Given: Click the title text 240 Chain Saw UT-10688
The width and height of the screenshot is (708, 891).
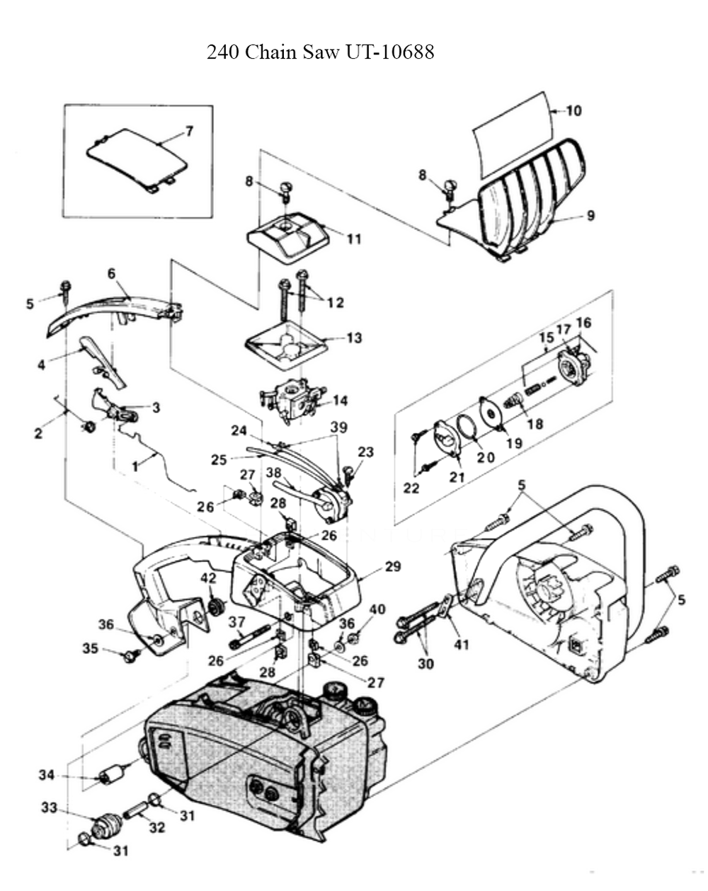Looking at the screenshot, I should [320, 52].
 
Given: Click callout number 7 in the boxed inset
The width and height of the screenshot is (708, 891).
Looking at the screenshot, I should [189, 131].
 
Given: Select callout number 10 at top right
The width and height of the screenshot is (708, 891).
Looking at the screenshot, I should [573, 111].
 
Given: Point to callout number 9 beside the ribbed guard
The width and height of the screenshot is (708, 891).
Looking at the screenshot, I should [590, 216].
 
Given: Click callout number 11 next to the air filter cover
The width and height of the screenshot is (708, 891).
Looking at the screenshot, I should [353, 238].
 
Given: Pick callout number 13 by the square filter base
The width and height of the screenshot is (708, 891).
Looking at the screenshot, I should [353, 338].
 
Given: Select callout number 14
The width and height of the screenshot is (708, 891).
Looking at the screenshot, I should [340, 401].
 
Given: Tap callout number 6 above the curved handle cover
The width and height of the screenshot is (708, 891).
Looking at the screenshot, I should [112, 273].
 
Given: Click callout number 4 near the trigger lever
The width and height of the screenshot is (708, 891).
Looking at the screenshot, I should [41, 365].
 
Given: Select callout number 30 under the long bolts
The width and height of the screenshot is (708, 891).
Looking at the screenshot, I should [428, 664].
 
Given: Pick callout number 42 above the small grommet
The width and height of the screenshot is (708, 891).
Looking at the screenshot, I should [207, 577].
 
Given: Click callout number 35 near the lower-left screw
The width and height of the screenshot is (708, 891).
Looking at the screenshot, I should [91, 648].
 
